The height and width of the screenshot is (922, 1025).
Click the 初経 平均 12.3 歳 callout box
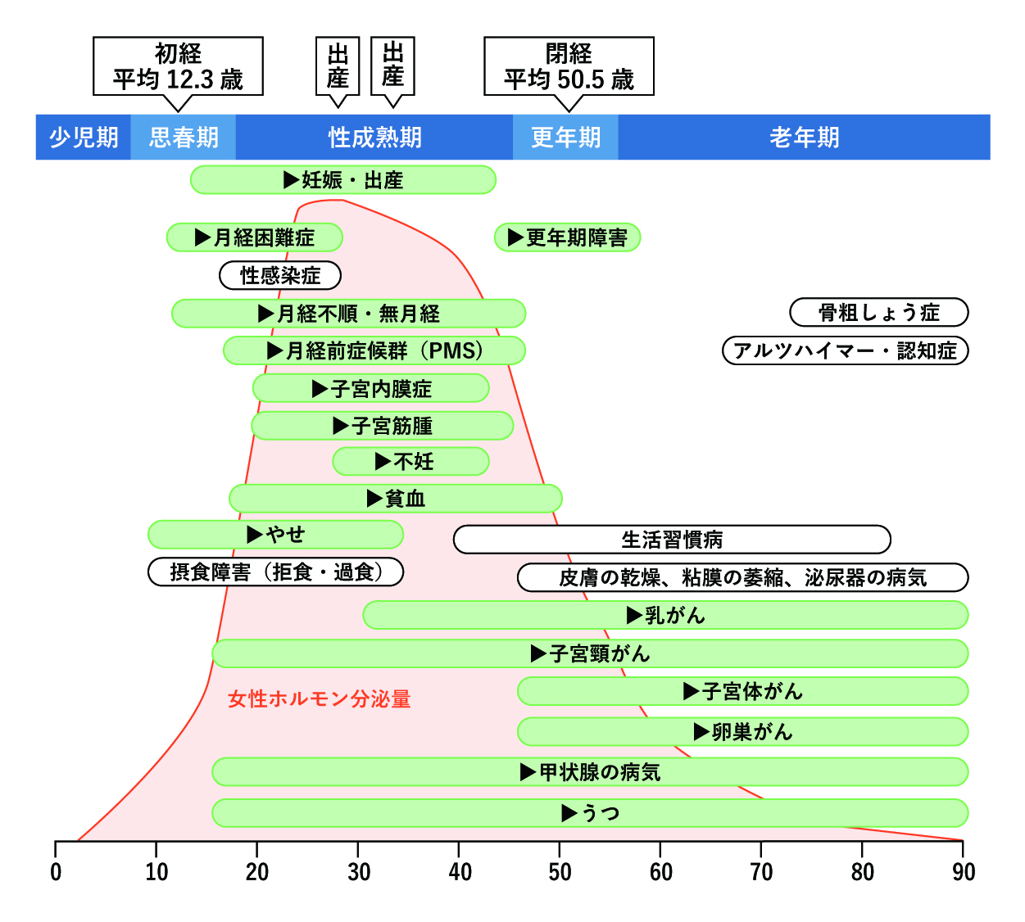pyautogui.click(x=178, y=66)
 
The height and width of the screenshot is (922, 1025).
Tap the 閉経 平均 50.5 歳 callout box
pyautogui.click(x=569, y=66)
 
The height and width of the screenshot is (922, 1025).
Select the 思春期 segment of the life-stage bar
pyautogui.click(x=184, y=138)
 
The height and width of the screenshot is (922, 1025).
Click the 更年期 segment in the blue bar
pyautogui.click(x=565, y=138)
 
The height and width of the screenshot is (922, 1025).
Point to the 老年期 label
pyautogui.click(x=804, y=138)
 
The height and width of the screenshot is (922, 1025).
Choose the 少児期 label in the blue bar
pyautogui.click(x=84, y=138)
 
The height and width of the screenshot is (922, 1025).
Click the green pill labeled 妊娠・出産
pyautogui.click(x=342, y=180)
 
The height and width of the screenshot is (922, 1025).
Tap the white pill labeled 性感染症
pyautogui.click(x=280, y=276)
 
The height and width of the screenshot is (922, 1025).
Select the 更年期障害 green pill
pyautogui.click(x=567, y=237)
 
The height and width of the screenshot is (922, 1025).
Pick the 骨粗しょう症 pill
pyautogui.click(x=878, y=313)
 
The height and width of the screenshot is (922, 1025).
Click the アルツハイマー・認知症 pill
pyautogui.click(x=845, y=350)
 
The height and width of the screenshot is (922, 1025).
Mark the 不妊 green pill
pyautogui.click(x=410, y=462)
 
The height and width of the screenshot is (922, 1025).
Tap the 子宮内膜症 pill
pyautogui.click(x=370, y=389)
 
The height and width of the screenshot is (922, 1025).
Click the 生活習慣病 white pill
pyautogui.click(x=672, y=540)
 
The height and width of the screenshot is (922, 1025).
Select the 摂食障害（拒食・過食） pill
pyautogui.click(x=275, y=572)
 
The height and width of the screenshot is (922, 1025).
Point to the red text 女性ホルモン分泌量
pyautogui.click(x=320, y=699)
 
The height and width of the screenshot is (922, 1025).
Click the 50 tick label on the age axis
pyautogui.click(x=560, y=872)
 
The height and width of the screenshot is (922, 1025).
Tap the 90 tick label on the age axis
pyautogui.click(x=964, y=872)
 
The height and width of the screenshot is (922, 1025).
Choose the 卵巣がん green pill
pyautogui.click(x=742, y=732)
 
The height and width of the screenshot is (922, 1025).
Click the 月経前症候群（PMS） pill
pyautogui.click(x=374, y=350)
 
